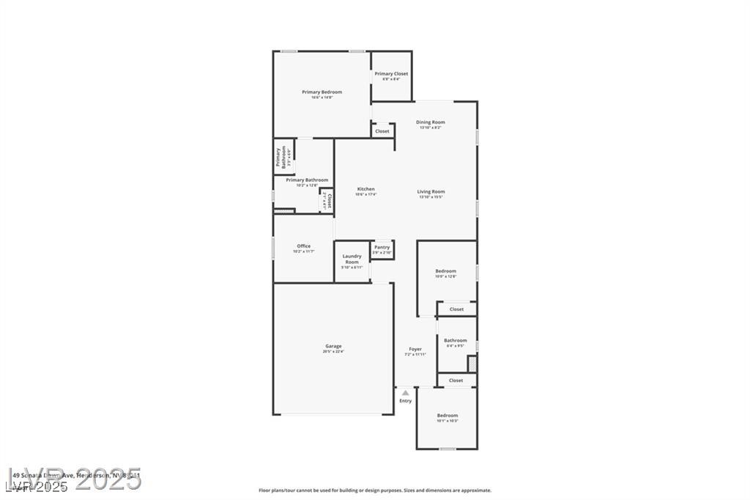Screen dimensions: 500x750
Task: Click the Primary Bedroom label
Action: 322,92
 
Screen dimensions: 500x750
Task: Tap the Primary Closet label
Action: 391,74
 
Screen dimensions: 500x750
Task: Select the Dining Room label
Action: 430,122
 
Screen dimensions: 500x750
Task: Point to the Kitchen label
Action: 365,189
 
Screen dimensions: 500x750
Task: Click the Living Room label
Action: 431,192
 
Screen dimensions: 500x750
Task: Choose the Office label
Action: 303,246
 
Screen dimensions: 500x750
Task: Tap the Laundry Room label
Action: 352,259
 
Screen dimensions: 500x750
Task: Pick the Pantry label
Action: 382,248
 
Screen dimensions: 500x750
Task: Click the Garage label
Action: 333,346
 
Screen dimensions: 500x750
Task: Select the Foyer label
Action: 415,349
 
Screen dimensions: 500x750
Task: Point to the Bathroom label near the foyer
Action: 455,340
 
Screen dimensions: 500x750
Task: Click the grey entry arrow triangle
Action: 405,393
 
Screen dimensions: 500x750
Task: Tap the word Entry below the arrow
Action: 405,401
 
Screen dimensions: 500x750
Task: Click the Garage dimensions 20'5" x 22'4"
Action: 333,352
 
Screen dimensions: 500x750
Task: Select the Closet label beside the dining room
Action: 382,131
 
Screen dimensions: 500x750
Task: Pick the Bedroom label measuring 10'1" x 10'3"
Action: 447,416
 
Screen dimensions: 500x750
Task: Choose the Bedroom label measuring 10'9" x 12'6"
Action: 445,271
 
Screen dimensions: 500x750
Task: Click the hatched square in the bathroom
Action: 472,363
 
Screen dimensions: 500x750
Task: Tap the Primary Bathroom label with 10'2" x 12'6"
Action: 307,180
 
